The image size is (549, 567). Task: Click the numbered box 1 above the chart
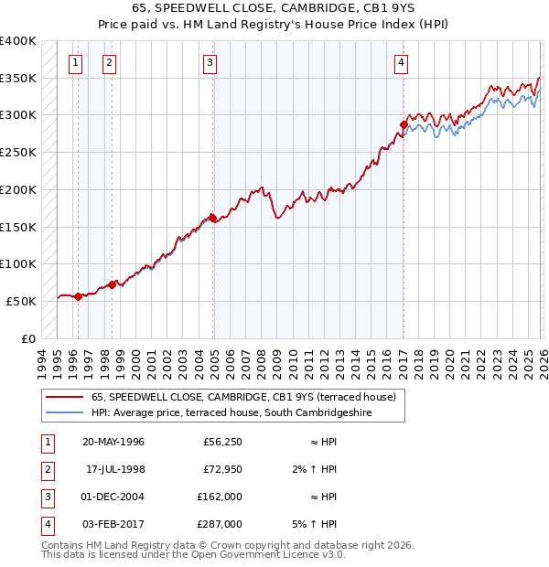(x=74, y=62)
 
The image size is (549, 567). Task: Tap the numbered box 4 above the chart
(x=401, y=62)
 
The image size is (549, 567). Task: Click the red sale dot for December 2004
(x=212, y=218)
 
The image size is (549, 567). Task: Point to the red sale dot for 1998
(x=113, y=284)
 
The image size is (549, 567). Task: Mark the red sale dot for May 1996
(x=78, y=296)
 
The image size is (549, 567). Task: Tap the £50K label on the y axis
(x=21, y=301)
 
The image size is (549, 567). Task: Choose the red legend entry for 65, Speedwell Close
(x=243, y=397)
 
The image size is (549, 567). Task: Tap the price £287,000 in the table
(x=221, y=524)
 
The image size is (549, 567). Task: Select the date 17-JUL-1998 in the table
(x=114, y=469)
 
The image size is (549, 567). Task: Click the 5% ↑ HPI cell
(x=318, y=524)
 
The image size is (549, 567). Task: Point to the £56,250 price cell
(x=222, y=442)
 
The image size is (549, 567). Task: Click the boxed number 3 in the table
(x=45, y=497)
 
